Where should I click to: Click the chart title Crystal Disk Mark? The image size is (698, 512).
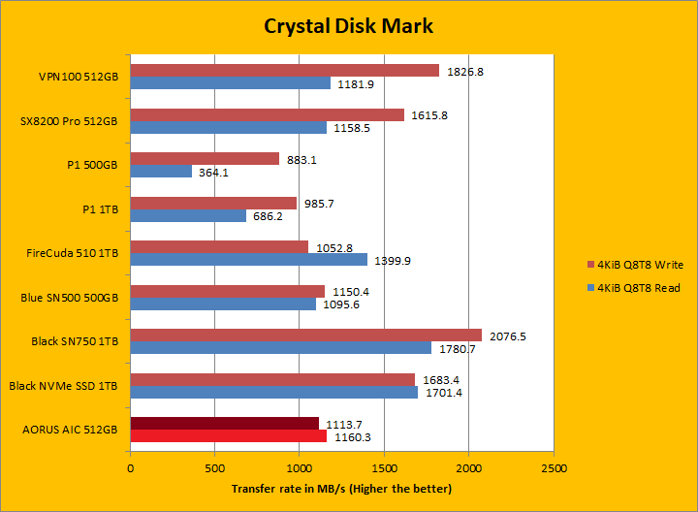pos(349,25)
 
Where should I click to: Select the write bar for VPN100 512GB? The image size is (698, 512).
pos(284,71)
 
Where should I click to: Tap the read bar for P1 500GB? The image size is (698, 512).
pos(161,172)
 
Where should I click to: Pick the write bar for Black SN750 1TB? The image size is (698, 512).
pos(305,335)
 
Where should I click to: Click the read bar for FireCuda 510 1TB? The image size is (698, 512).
pos(249,260)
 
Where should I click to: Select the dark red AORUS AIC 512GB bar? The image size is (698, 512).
pos(225,423)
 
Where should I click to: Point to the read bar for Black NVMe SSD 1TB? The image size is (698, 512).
pos(274,392)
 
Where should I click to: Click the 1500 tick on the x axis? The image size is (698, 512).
pos(385,468)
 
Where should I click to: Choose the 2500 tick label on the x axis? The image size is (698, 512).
pos(554,468)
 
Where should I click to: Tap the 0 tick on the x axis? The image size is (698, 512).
pos(131,468)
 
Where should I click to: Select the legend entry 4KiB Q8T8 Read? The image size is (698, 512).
pos(639,288)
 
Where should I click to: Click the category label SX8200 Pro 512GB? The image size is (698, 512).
pos(69,121)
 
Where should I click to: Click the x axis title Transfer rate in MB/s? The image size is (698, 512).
pos(341,488)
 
